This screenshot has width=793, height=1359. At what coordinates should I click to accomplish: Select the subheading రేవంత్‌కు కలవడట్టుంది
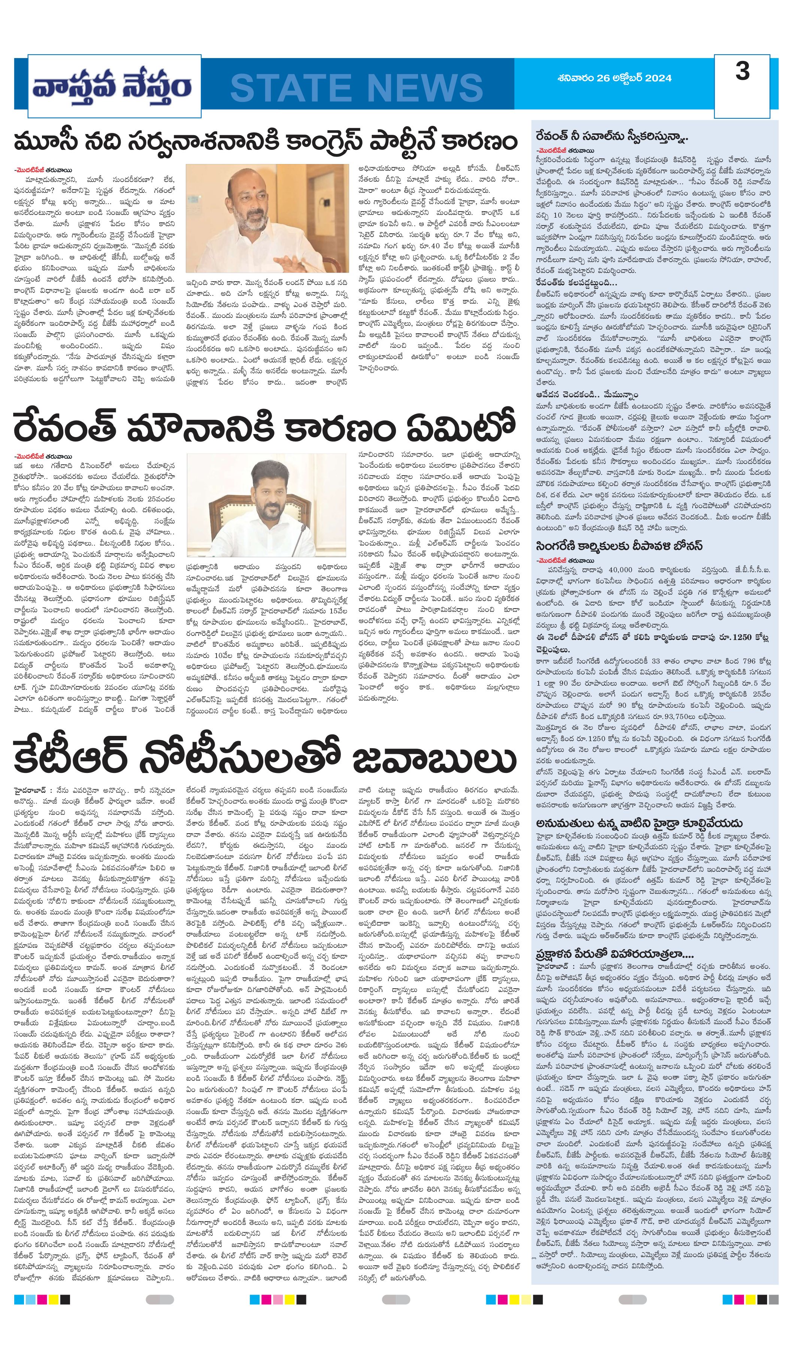(576, 283)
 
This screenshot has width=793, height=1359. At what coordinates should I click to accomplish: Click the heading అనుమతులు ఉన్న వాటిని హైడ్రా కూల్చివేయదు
(639, 823)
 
